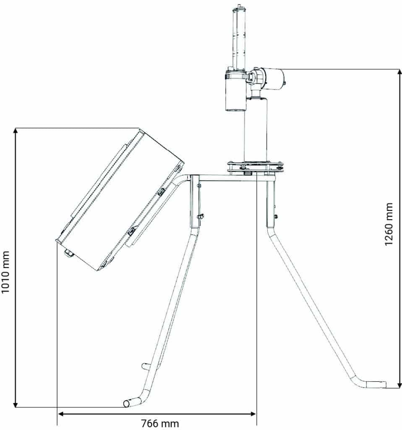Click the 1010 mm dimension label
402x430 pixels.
(x=5, y=272)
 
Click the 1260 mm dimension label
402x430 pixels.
(x=389, y=224)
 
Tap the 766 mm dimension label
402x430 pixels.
(x=160, y=424)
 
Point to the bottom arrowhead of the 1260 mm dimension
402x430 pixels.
(x=399, y=385)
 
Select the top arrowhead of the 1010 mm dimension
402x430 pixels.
(x=16, y=131)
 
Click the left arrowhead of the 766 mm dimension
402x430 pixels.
(x=61, y=414)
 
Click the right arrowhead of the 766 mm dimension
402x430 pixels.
(x=253, y=414)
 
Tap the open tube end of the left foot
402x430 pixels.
(x=126, y=404)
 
